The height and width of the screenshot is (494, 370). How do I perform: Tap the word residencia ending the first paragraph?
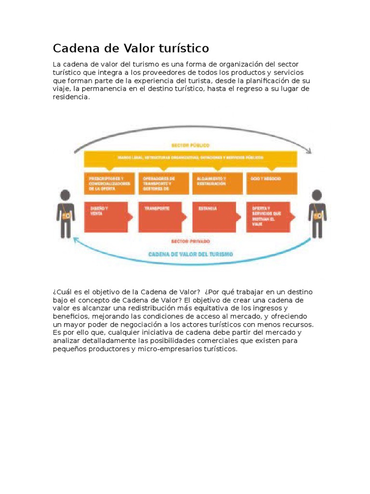coord(71,97)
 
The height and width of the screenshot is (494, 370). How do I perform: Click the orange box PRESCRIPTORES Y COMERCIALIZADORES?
coord(109,183)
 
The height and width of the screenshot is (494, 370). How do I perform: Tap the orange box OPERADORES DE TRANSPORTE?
coord(163,183)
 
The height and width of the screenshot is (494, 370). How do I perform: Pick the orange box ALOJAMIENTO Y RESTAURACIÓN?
coord(217,183)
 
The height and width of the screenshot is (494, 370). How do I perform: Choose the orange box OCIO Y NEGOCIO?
coord(271,183)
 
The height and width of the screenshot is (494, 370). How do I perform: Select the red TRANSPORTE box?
coord(162,217)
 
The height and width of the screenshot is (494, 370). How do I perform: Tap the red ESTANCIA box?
coord(216,217)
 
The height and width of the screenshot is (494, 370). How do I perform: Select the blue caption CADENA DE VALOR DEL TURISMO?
coord(190,254)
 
